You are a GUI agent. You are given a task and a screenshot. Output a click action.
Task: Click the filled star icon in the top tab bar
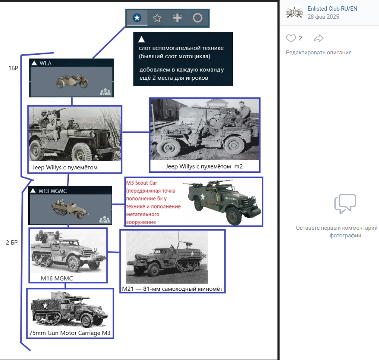point(137,18)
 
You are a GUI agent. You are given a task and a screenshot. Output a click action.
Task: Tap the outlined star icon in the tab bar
point(157,18)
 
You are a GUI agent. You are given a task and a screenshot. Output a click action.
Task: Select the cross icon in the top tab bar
point(178,18)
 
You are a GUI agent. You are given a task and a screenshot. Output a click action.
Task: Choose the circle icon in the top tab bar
point(198,18)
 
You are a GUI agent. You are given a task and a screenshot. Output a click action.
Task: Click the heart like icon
point(291,38)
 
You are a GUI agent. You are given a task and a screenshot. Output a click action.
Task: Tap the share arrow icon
point(319,38)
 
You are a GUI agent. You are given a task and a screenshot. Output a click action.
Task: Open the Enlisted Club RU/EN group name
point(332,8)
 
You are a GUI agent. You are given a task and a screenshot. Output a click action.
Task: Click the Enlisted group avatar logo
point(294,13)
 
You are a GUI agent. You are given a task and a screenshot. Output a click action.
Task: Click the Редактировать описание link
point(319,52)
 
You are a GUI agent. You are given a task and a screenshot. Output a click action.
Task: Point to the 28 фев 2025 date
point(323,17)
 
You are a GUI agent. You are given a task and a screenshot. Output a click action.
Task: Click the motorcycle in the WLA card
point(72,81)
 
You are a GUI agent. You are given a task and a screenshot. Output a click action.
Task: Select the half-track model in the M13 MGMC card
point(70,209)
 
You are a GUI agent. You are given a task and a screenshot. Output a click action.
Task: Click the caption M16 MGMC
point(57,278)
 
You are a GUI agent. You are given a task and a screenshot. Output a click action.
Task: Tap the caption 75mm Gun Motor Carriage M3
point(70,333)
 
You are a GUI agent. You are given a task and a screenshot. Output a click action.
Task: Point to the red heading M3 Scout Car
point(141,183)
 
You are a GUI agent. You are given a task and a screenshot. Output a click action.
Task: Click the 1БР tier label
point(13,68)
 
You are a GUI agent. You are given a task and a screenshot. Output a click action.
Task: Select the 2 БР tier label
point(12,242)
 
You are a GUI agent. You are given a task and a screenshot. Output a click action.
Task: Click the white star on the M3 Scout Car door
point(203,197)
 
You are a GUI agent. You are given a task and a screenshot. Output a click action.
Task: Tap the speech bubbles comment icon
point(345,203)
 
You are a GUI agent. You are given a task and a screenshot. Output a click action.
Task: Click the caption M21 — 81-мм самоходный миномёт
point(172,289)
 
